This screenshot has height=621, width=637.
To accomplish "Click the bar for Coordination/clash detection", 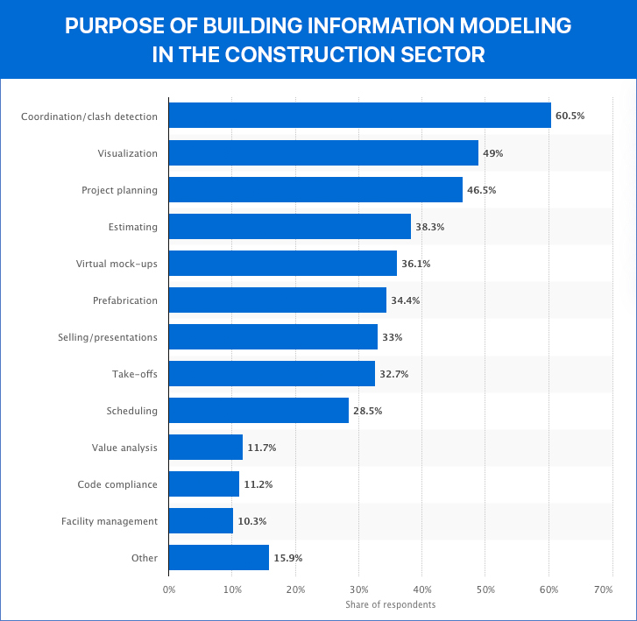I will (x=359, y=116).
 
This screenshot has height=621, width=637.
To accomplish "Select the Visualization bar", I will (x=323, y=153).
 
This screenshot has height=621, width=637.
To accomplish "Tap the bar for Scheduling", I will (x=258, y=411).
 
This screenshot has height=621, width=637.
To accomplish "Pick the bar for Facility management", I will (x=201, y=521).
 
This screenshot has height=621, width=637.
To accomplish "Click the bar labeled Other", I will (x=219, y=558).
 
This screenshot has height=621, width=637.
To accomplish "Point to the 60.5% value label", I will (x=570, y=116).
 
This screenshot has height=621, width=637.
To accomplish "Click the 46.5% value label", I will (x=483, y=190).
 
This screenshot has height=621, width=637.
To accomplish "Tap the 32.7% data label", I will (x=393, y=374).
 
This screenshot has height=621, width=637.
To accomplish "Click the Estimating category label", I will (x=133, y=227).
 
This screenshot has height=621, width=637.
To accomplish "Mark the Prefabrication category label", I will (x=125, y=300).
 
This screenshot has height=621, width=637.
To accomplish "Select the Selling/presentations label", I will (x=108, y=337).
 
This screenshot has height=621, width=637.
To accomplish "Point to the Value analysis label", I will (x=124, y=448).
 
